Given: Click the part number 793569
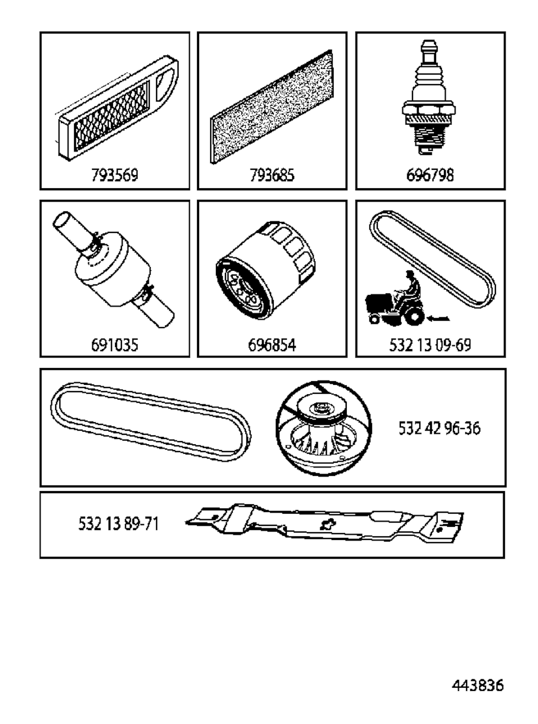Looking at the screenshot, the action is [115, 175].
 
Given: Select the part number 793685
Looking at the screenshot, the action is [272, 175].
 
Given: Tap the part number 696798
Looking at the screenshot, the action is [430, 175].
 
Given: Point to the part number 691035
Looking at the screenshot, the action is [115, 345].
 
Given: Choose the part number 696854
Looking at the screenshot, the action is [272, 345].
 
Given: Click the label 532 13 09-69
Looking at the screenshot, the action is [430, 345].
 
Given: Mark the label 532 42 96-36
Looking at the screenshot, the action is [439, 428].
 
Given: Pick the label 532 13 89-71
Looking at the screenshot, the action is [119, 524].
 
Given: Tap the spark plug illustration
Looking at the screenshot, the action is [429, 97].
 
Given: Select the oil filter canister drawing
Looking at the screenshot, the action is [265, 270].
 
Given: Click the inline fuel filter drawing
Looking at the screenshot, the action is [113, 269].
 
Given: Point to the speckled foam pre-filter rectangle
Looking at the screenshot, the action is [272, 107].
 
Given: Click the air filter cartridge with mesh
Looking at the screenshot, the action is [117, 108].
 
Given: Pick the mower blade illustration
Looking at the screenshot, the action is [324, 523].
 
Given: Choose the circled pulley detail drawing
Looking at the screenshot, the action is [324, 429].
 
